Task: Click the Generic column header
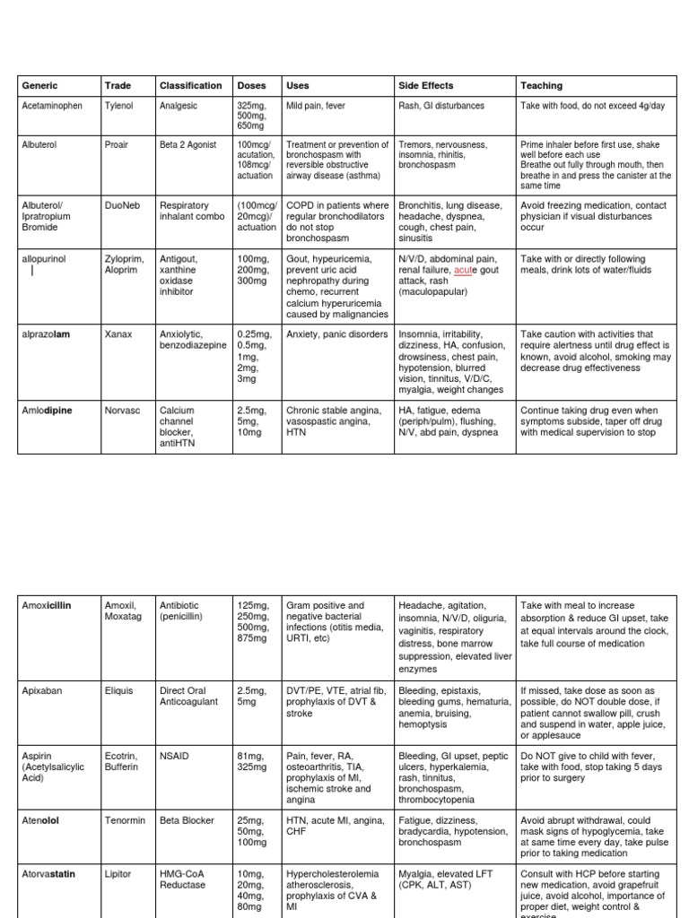39,86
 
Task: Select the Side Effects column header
425,86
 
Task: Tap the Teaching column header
541,86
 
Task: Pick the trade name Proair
118,144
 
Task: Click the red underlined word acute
463,271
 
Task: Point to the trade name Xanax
118,334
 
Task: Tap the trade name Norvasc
121,411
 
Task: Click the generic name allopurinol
44,259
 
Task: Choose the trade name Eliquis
119,691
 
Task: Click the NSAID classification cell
174,757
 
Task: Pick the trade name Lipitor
118,873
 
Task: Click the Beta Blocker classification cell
188,820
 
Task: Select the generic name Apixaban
41,691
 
